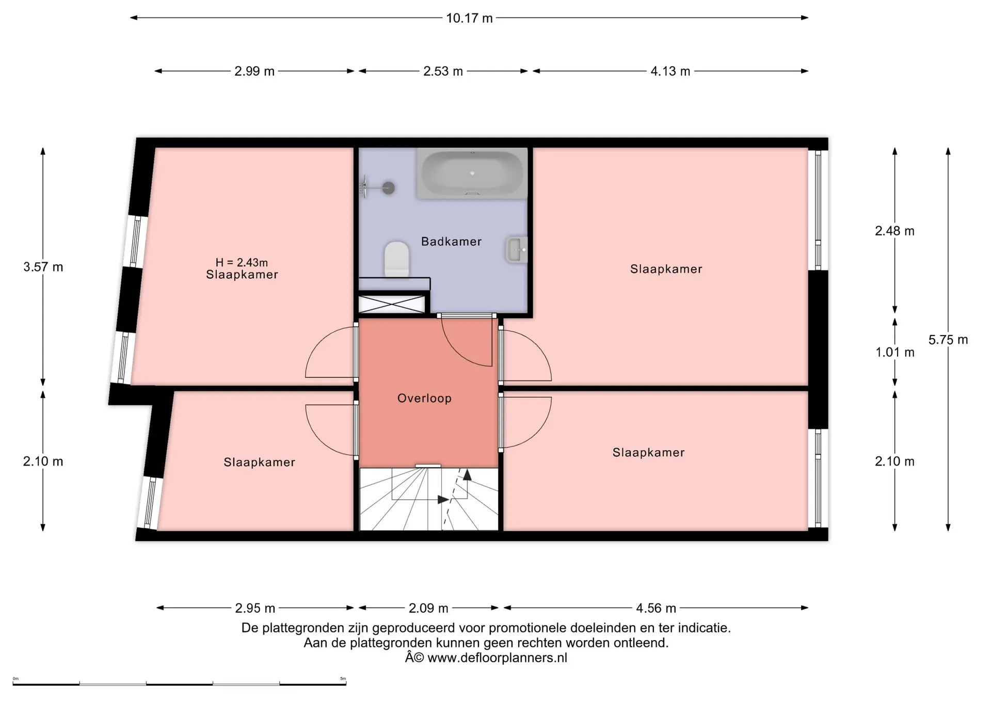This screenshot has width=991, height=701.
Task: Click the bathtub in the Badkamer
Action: (472, 173)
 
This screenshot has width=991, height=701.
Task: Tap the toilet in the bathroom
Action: (396, 259)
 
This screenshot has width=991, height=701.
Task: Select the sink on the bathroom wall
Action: (517, 250)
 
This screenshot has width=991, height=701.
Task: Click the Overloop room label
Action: (424, 398)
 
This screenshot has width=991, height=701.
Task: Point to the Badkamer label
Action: (451, 241)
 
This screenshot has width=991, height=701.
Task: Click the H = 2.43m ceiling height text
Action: (242, 263)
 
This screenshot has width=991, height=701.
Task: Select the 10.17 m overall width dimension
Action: (469, 18)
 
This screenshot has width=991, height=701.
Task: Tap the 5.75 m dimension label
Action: (948, 340)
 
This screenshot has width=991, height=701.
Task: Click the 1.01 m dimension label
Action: (895, 353)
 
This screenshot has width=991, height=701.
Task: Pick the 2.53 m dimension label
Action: (443, 71)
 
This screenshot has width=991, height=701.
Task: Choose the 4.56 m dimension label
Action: (656, 608)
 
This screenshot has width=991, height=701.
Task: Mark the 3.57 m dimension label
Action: (43, 267)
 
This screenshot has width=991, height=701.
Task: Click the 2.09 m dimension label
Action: (428, 608)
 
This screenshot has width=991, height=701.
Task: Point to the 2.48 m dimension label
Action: (894, 231)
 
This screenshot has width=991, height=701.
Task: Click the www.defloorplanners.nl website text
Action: (497, 658)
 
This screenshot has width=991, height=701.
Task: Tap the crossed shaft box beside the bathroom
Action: (392, 304)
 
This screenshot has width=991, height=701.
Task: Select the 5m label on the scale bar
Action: (343, 679)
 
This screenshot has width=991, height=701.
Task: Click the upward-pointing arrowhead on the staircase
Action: (467, 475)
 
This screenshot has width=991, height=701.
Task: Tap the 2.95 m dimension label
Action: (255, 608)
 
